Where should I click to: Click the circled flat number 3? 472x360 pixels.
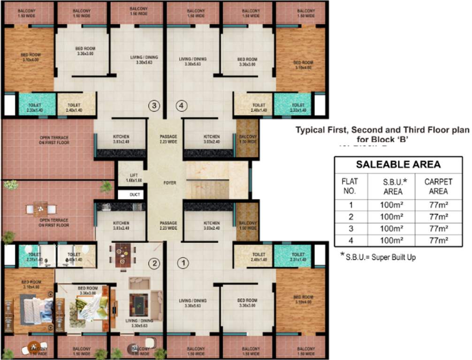click(x=155, y=105)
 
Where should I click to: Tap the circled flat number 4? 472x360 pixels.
click(x=182, y=105)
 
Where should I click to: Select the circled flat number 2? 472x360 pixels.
click(x=153, y=263)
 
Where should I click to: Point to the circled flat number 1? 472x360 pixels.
click(x=183, y=263)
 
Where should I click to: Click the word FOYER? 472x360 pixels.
click(x=170, y=183)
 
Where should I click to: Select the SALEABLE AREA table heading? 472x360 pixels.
click(x=398, y=165)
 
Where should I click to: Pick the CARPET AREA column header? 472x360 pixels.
click(x=439, y=187)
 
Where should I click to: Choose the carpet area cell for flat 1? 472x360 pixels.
click(x=439, y=205)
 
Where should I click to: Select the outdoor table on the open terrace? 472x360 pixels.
click(x=41, y=208)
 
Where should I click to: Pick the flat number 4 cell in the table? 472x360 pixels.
click(x=351, y=240)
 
